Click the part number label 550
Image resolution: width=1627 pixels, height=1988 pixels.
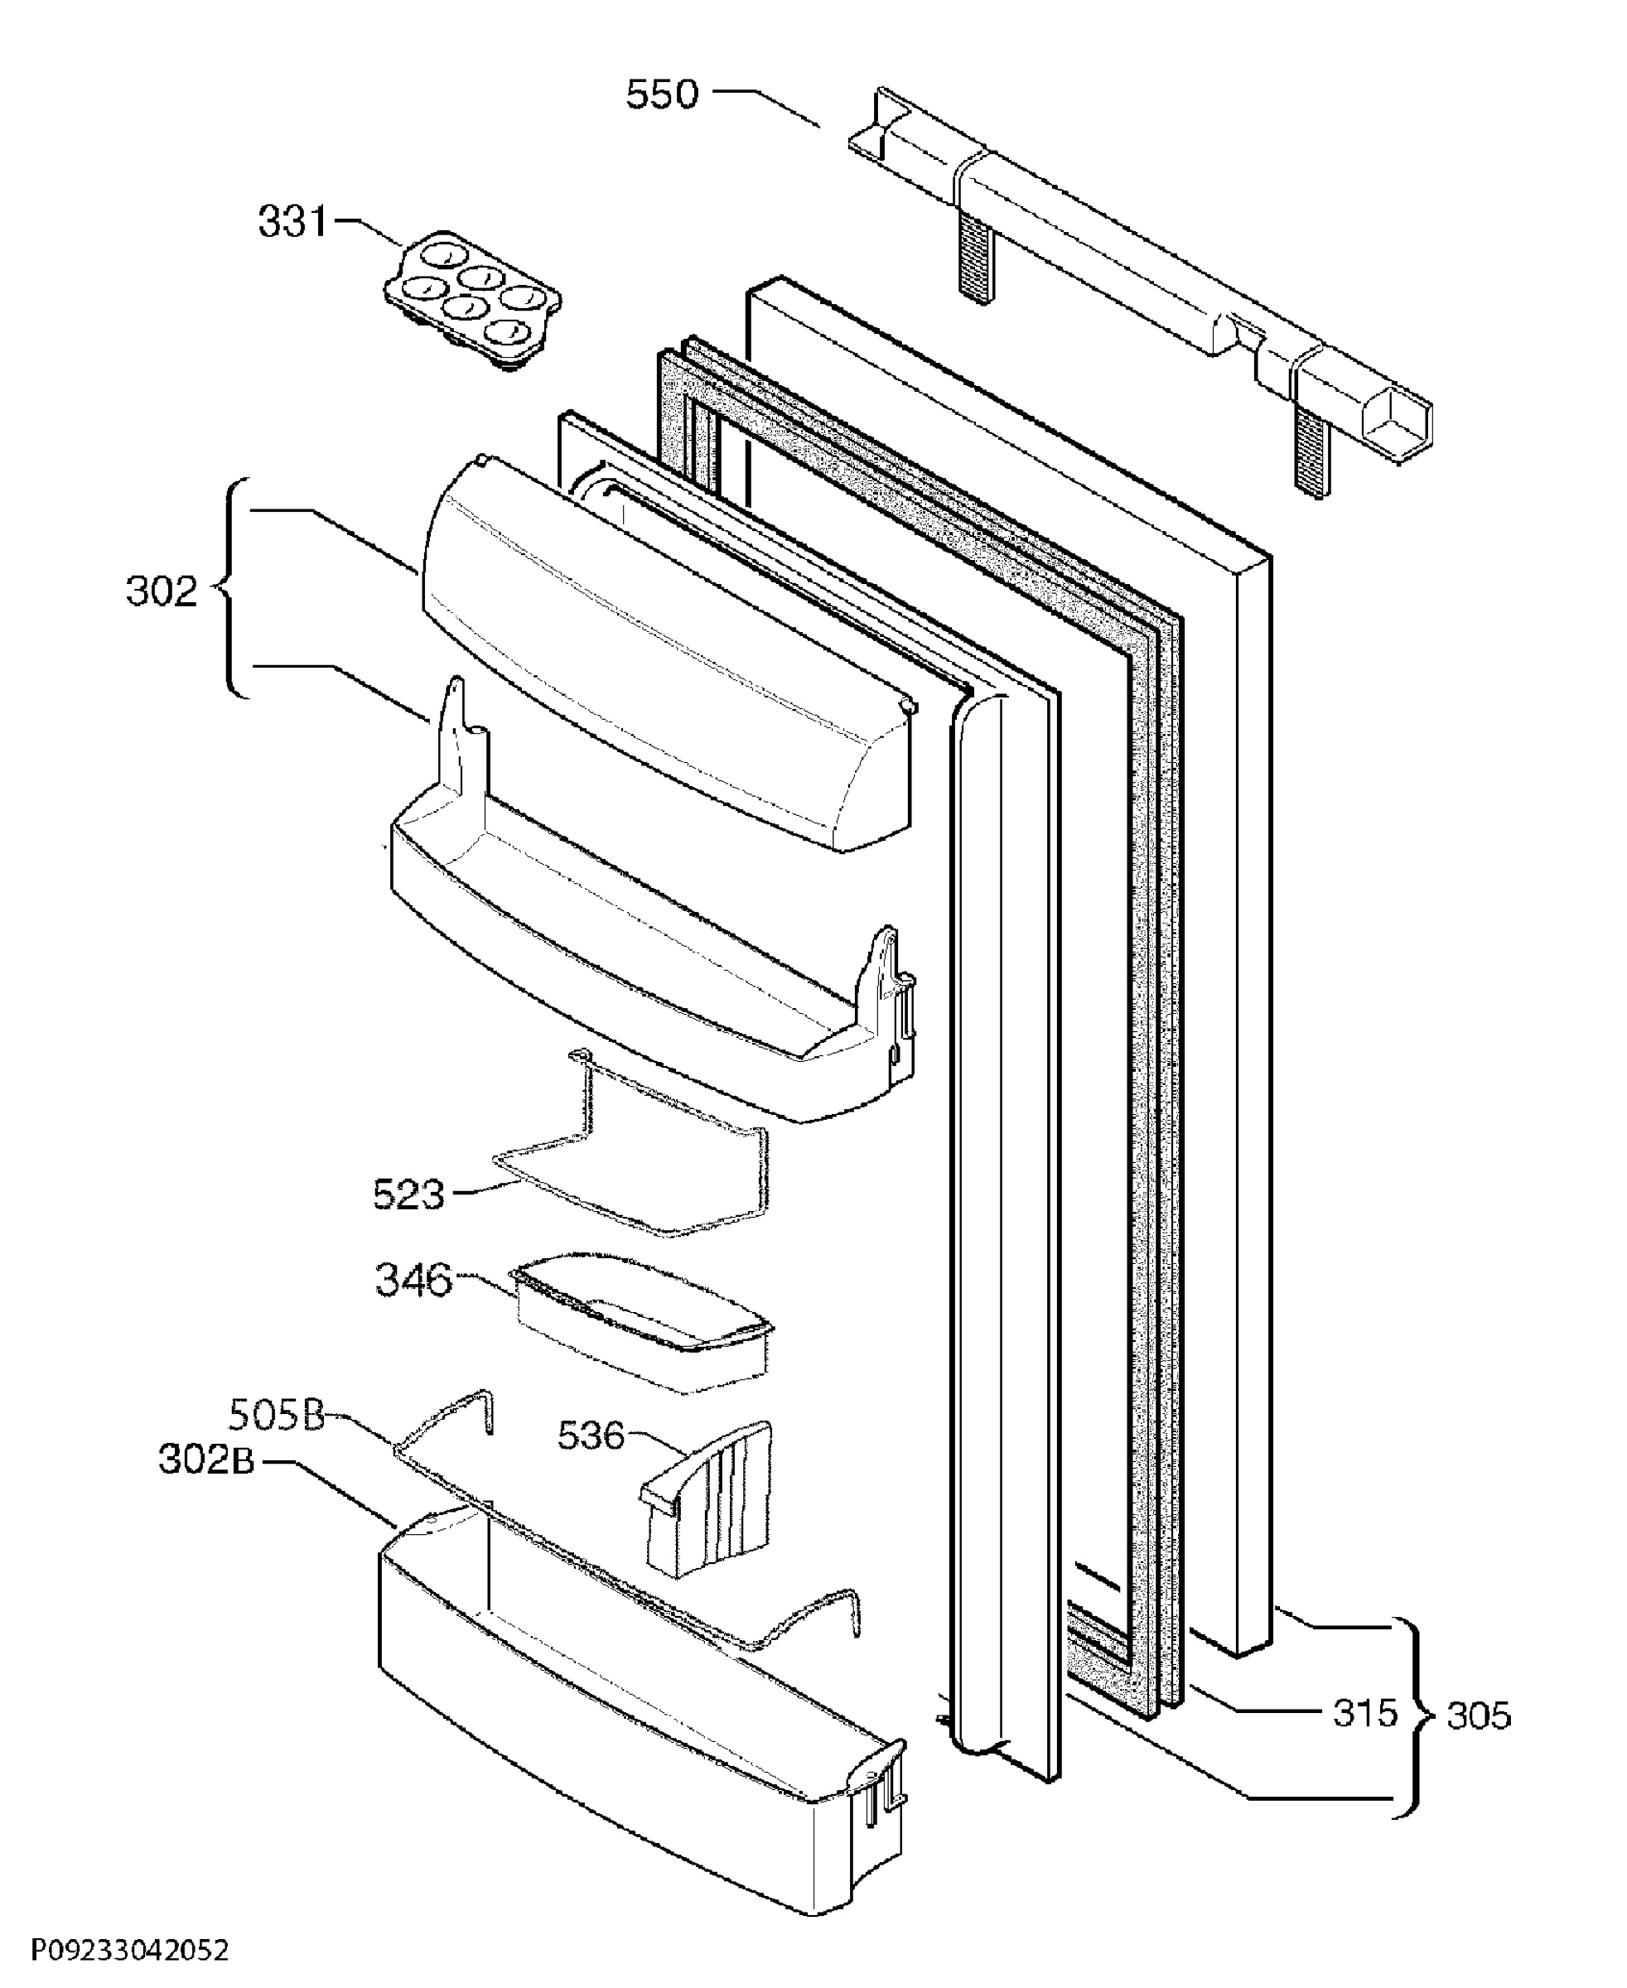tap(663, 94)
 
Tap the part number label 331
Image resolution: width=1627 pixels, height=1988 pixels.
tap(293, 222)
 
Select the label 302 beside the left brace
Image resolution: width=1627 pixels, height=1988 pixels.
tap(162, 591)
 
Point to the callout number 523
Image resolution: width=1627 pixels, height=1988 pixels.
tap(408, 1195)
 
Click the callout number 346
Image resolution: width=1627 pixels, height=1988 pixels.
tap(413, 1280)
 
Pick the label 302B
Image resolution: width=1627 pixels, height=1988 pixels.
tap(206, 1460)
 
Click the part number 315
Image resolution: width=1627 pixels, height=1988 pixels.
tap(1364, 1713)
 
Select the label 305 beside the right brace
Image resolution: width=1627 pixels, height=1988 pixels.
tap(1479, 1715)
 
